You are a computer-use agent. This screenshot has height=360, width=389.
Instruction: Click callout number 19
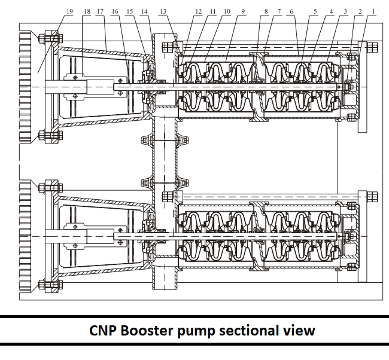71,11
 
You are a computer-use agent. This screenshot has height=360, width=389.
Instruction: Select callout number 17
99,11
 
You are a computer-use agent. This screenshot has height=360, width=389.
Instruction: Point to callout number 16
115,11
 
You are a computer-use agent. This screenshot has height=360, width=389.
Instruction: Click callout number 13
164,11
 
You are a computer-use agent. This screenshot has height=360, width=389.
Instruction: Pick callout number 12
199,11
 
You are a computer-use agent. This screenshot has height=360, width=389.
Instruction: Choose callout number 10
227,11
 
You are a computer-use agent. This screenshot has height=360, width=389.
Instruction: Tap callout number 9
242,11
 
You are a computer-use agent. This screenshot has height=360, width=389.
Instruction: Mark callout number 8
265,11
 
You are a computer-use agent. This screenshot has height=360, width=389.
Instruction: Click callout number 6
291,11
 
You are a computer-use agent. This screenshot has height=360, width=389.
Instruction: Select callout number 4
331,11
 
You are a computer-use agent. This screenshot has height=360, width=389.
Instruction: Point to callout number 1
373,11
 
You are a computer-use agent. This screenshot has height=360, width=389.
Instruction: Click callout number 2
360,11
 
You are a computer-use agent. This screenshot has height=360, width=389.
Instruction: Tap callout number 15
130,11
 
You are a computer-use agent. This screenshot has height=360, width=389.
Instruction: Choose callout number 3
345,11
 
